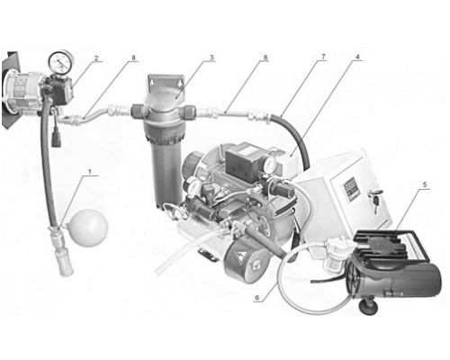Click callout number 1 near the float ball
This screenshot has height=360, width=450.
[89, 171]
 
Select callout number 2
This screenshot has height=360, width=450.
[96, 58]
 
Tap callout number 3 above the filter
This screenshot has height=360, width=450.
[211, 58]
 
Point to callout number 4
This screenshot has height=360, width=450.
[357, 57]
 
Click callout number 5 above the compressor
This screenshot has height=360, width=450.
[425, 184]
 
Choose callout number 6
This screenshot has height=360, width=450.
[256, 297]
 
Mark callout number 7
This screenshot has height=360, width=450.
[323, 57]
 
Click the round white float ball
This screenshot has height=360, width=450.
[89, 228]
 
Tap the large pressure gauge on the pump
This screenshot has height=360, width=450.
[61, 62]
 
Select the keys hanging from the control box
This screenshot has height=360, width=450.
[376, 199]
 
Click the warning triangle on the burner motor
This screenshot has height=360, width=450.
[240, 256]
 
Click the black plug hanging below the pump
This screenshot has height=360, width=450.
[56, 138]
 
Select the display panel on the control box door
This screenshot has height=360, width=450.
[350, 188]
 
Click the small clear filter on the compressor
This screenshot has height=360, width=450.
[334, 255]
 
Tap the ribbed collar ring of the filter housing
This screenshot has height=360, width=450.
[164, 131]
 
